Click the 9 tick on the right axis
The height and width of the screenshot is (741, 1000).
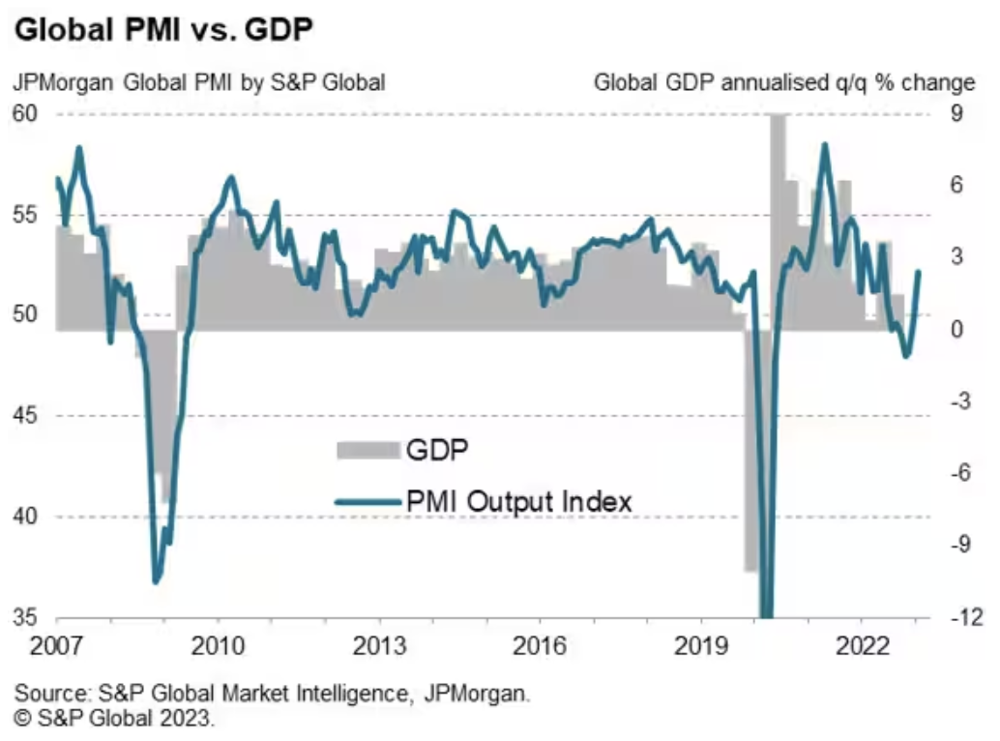(x=953, y=113)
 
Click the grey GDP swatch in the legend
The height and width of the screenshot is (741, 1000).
(x=368, y=450)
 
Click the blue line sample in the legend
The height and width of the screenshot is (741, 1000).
(x=368, y=501)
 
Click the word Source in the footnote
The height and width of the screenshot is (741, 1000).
(x=46, y=694)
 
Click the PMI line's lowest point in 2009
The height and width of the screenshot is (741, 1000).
(x=156, y=581)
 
